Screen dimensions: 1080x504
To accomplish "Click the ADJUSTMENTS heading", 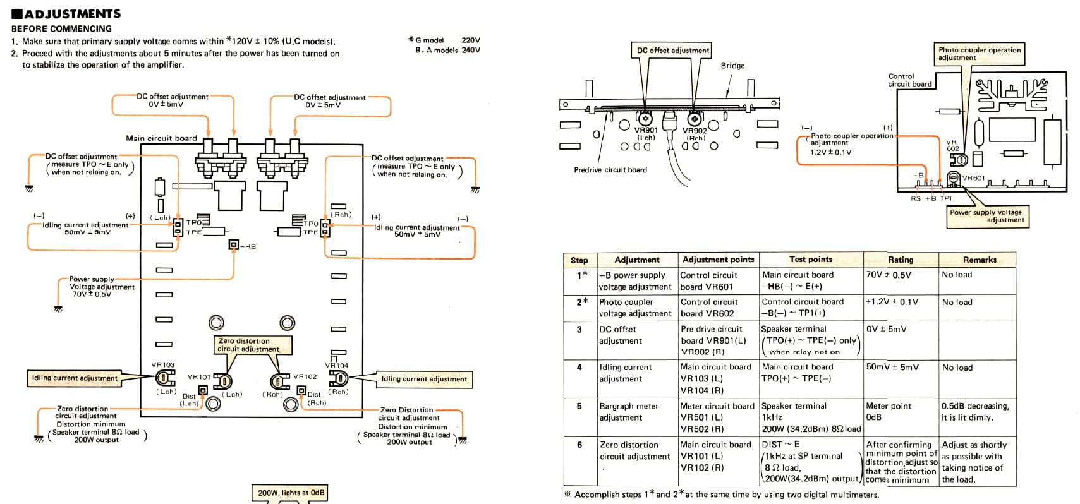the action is (66, 13).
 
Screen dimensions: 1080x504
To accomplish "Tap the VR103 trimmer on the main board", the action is (165, 378).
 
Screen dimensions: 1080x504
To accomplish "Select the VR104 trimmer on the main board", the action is (339, 378).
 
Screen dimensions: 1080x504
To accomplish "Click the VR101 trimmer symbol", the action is (222, 381).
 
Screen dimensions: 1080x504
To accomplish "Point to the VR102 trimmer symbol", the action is (280, 381).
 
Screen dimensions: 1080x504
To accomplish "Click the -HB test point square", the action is (234, 245).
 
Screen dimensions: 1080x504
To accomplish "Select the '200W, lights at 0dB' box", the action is (290, 493).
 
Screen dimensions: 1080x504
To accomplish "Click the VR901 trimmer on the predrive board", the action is (645, 118).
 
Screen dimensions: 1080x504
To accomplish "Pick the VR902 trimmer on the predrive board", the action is (695, 118).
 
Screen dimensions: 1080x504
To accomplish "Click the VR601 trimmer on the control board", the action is (953, 179).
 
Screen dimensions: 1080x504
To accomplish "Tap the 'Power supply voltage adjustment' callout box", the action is (988, 216).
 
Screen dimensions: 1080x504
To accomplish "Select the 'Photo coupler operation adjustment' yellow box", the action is (980, 54).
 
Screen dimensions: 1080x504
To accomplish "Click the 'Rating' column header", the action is (901, 260).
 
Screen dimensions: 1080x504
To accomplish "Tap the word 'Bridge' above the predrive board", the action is (732, 66).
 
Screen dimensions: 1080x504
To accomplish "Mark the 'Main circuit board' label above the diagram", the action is (162, 138).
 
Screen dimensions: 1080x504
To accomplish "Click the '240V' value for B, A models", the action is (471, 50).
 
